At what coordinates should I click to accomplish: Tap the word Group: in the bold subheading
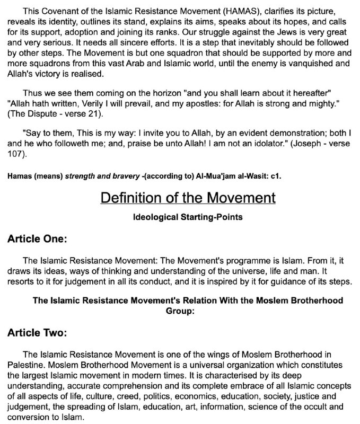tap(180, 311)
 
